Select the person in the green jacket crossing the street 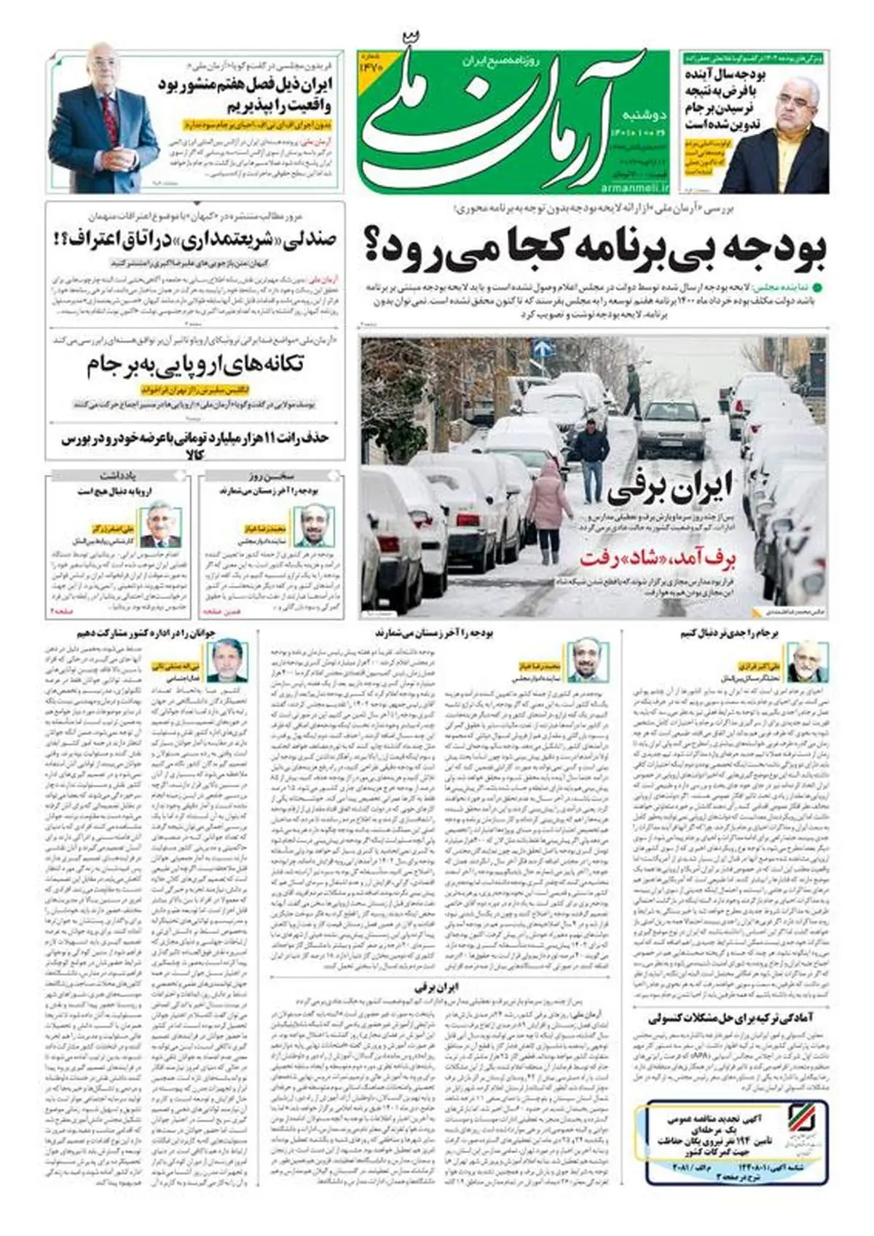tap(632, 389)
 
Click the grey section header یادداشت tap(118, 476)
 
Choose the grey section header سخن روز tap(272, 476)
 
